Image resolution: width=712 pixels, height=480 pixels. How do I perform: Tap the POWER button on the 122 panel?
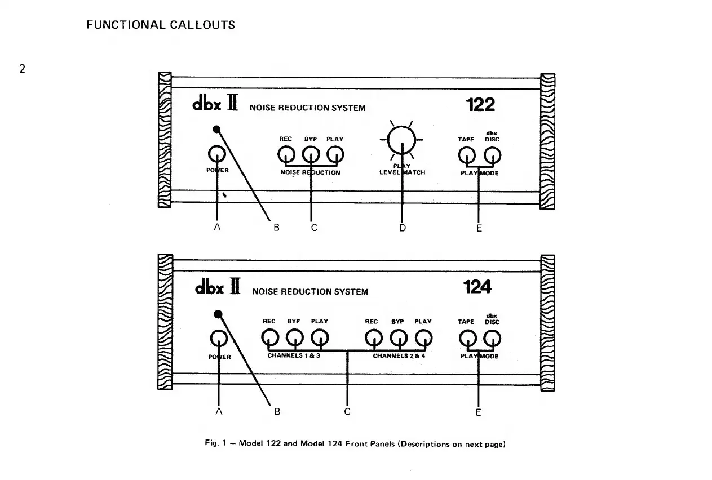pos(218,154)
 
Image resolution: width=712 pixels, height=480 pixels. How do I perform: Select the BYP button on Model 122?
pos(311,154)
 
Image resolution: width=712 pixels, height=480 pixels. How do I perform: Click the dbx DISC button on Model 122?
pos(492,154)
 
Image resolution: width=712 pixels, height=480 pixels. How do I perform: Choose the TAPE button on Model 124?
pos(466,337)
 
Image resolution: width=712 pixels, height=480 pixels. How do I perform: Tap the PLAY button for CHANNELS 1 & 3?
pos(320,337)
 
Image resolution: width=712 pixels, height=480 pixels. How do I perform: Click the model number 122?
pos(480,105)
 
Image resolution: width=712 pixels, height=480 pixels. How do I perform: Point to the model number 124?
pos(477,287)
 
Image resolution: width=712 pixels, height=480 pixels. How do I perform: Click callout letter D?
pos(402,228)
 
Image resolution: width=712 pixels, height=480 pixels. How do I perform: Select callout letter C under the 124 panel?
pos(348,411)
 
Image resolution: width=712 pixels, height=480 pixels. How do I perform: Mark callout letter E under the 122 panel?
pos(479,228)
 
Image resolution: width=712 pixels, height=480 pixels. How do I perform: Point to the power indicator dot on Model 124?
pos(218,314)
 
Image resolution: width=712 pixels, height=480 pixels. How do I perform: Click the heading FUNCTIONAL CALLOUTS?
pos(161,25)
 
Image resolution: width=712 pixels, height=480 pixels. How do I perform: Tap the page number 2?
pos(23,70)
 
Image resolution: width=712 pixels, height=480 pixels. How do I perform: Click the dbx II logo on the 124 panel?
pos(218,288)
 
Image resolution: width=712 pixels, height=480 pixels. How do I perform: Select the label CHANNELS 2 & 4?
pos(399,356)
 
